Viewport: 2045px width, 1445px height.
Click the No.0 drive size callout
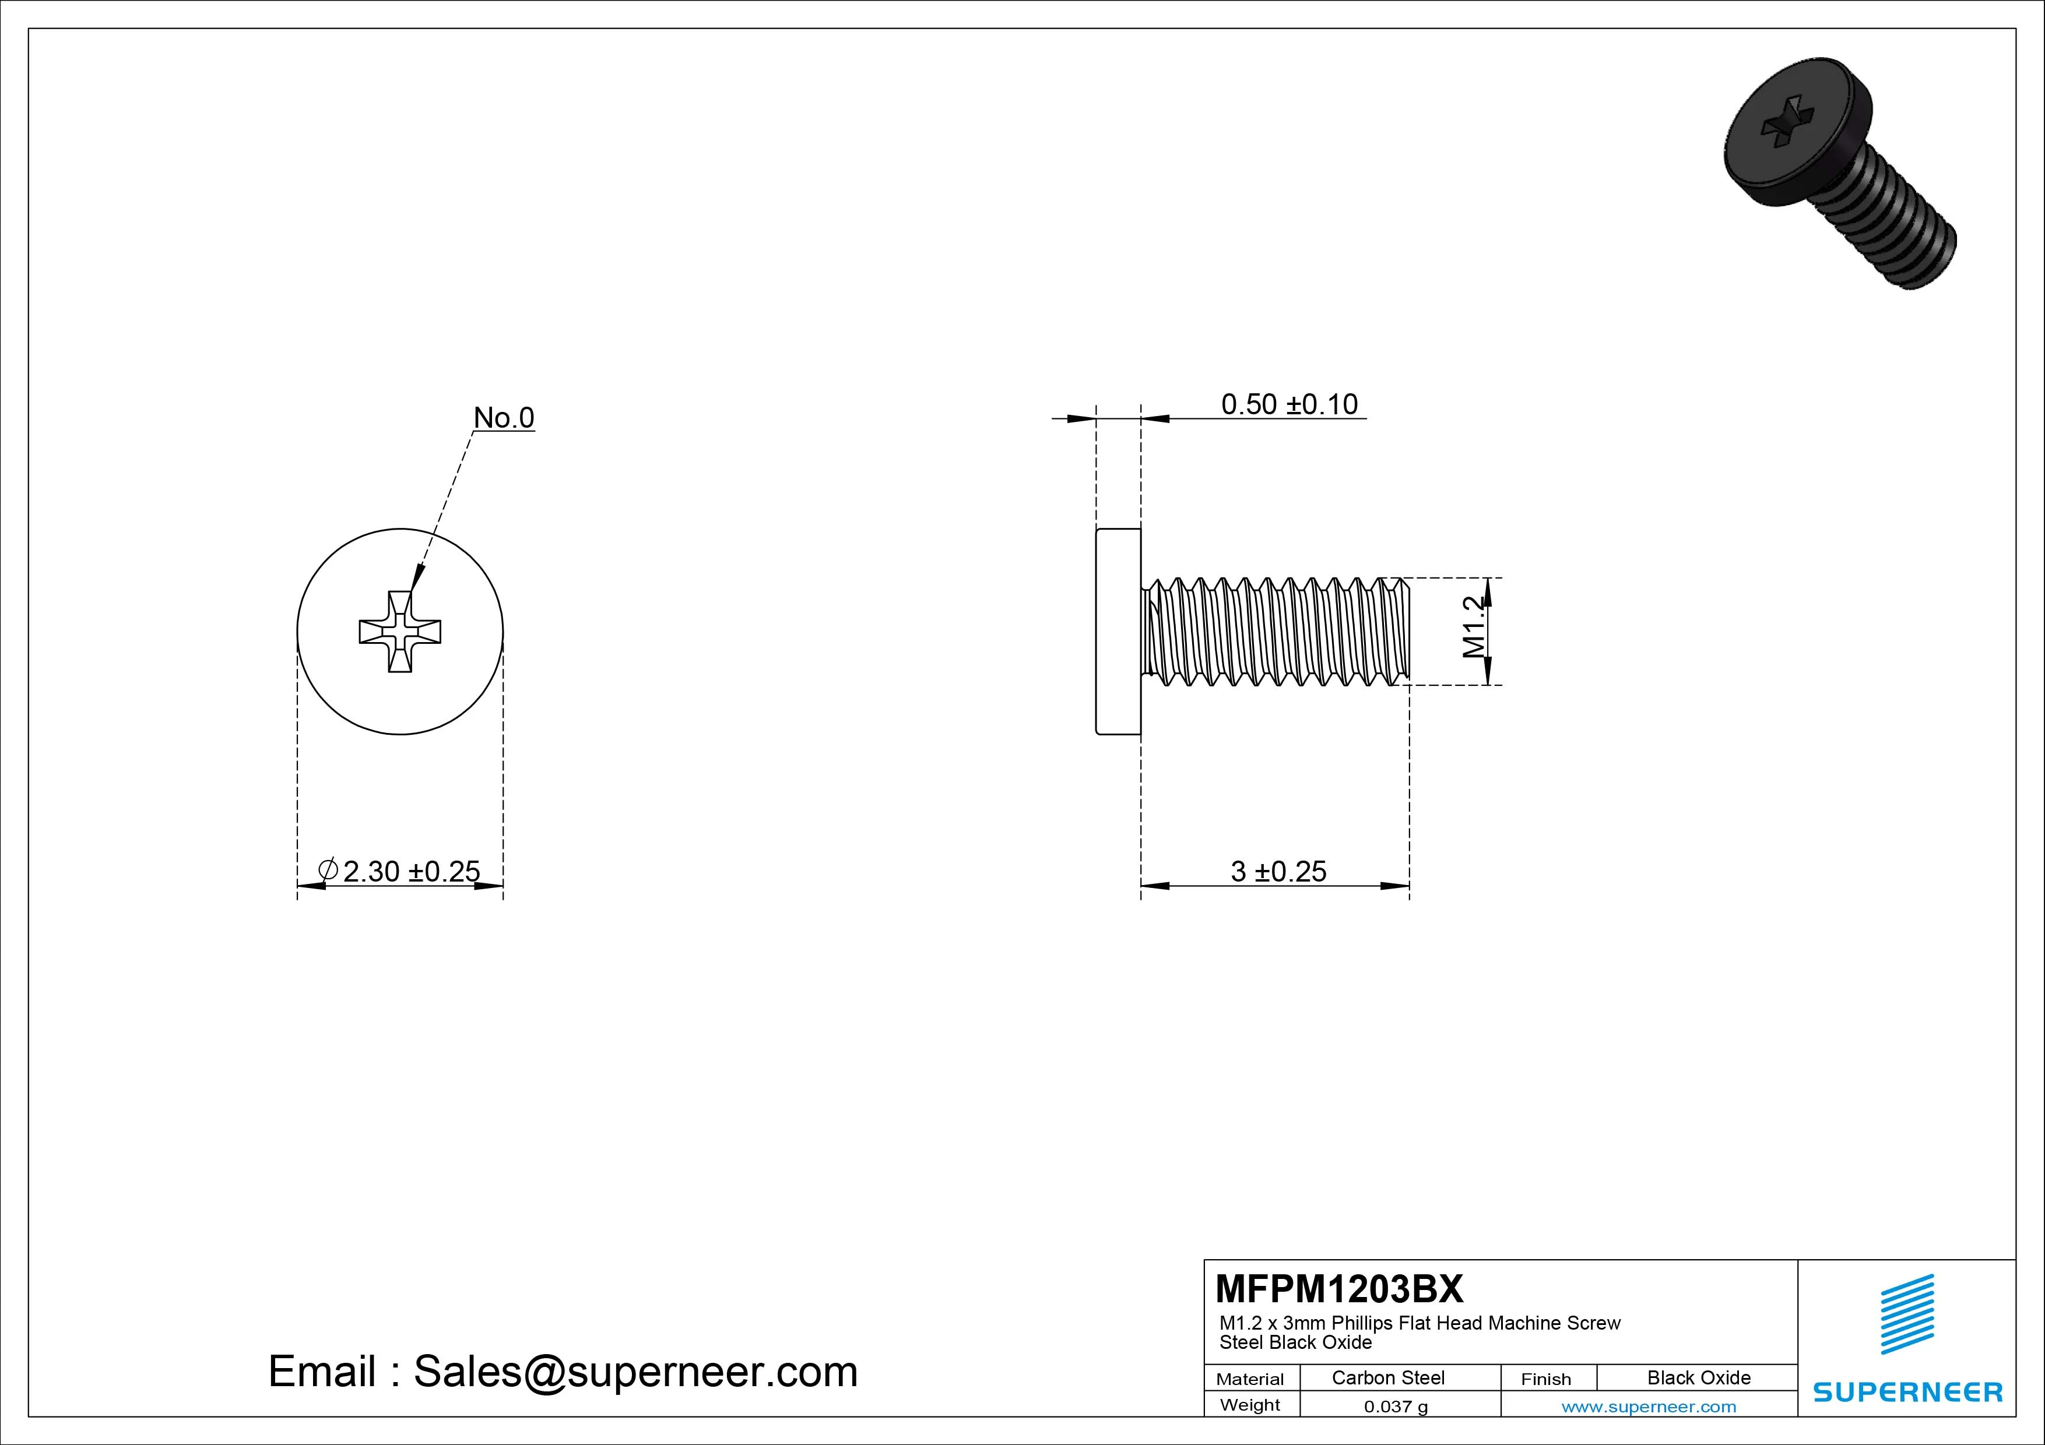(503, 418)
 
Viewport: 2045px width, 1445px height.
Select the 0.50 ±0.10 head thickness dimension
(1289, 404)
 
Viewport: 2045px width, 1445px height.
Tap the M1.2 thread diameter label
(1474, 628)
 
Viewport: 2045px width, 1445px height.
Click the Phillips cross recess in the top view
(400, 631)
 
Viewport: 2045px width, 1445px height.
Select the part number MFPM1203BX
(1338, 1288)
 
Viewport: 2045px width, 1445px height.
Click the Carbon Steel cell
(1387, 1377)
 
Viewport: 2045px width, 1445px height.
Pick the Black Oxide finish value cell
(1698, 1377)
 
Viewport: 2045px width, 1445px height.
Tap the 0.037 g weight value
(1395, 1407)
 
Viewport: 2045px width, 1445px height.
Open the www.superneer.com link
(1649, 1407)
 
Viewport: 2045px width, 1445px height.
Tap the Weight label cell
(1250, 1405)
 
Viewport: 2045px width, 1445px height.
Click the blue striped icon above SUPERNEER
(1907, 1314)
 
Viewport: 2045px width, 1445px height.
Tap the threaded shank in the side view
(1278, 631)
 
